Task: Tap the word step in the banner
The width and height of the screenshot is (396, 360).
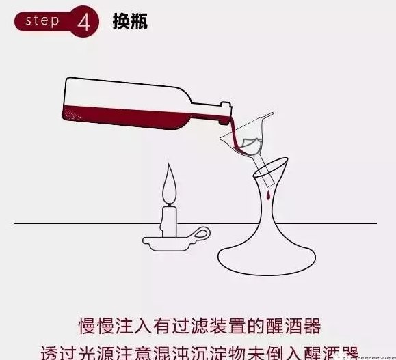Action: pos(42,20)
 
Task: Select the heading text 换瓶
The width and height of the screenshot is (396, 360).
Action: pos(130,21)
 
